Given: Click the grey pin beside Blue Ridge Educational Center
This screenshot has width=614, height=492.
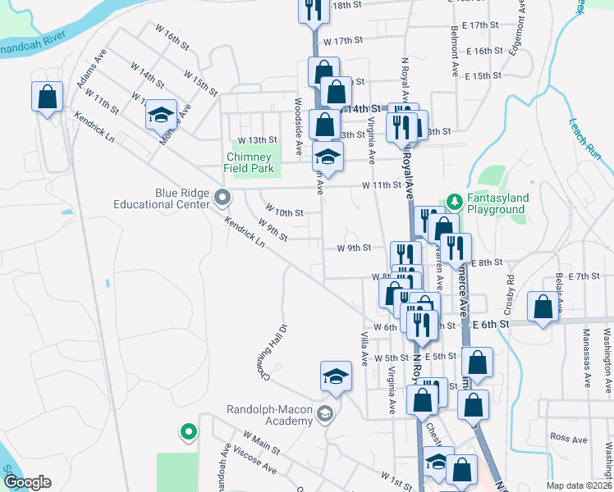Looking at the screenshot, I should (x=222, y=198).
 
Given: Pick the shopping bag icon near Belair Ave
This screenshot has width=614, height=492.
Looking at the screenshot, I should (x=543, y=308).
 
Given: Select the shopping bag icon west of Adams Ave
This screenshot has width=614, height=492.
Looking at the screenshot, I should (x=48, y=97).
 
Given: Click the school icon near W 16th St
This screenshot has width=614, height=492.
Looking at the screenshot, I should (x=162, y=116).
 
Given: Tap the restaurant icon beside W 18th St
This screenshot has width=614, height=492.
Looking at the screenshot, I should (x=312, y=11).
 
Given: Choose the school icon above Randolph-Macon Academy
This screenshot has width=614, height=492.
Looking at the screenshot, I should (x=335, y=376).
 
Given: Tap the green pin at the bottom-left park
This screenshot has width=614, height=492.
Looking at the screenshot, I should (x=188, y=430).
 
